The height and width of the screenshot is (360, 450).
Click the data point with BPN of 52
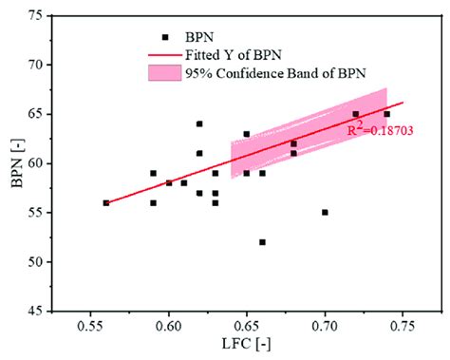click(x=262, y=241)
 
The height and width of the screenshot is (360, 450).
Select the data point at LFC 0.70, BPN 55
click(x=325, y=213)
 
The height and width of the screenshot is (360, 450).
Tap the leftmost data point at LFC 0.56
click(x=106, y=202)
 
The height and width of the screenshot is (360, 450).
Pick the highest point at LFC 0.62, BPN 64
click(x=199, y=123)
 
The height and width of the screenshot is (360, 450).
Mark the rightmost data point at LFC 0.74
click(x=386, y=114)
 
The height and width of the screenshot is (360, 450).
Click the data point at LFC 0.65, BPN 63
click(x=247, y=134)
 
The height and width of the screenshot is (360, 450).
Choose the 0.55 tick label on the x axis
click(x=90, y=325)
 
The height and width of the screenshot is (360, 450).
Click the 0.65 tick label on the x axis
click(x=247, y=325)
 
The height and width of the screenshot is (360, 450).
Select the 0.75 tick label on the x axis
click(x=403, y=325)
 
